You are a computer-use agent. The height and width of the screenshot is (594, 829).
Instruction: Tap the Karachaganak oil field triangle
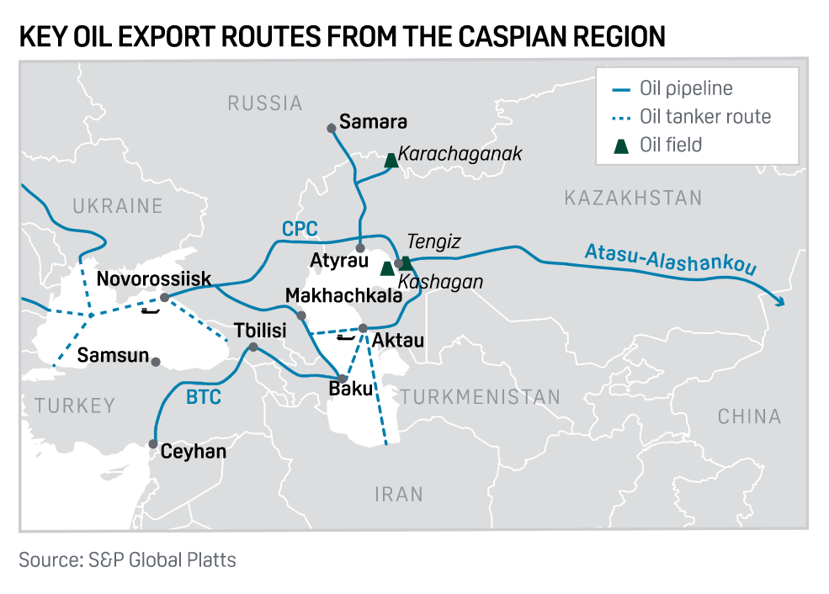391,159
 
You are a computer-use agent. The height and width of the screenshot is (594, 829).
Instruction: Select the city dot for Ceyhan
153,443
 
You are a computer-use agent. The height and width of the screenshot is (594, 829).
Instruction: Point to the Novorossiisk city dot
165,298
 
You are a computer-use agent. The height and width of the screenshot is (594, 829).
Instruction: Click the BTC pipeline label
203,395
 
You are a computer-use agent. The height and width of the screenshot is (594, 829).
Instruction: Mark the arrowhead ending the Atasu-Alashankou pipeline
780,303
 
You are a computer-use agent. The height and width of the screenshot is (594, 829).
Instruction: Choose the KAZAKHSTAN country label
632,199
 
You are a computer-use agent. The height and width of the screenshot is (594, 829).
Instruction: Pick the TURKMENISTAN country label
480,397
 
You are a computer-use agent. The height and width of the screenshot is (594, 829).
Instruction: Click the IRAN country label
399,494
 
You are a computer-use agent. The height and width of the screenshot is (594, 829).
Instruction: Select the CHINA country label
749,416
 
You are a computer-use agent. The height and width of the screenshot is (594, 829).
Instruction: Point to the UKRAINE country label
117,206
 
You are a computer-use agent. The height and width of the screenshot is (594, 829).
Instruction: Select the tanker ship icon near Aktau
345,337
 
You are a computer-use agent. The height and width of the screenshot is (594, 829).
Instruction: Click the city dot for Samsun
156,361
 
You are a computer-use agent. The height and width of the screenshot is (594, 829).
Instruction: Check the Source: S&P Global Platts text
128,560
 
